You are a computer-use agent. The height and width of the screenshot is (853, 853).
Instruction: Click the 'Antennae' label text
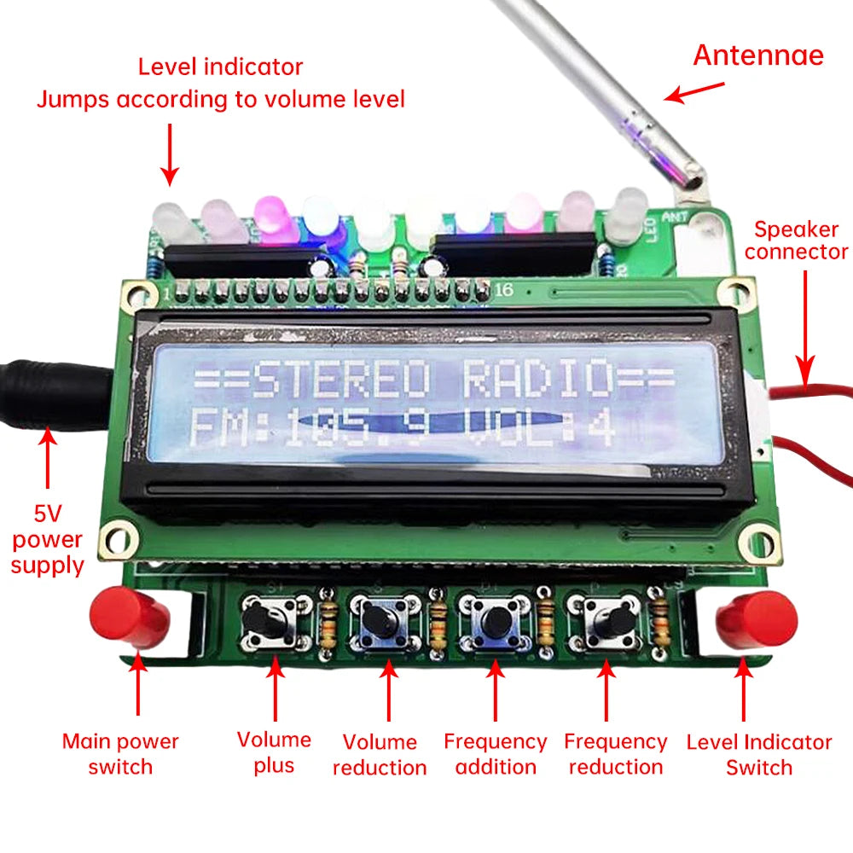(757, 55)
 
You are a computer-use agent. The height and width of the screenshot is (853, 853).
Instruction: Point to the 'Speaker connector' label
(801, 241)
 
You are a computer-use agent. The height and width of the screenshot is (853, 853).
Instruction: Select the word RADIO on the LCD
(538, 380)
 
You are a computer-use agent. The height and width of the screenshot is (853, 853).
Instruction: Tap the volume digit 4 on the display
(602, 427)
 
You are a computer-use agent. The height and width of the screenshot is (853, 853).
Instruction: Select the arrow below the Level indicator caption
(170, 154)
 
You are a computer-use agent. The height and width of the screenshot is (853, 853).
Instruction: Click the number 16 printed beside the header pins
(504, 290)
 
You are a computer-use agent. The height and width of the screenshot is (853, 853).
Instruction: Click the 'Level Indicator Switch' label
(758, 754)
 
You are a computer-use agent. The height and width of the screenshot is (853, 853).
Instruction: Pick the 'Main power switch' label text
(120, 754)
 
